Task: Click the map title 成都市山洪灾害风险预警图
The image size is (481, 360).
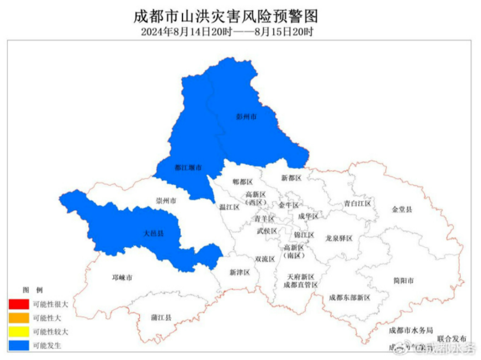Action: (226, 16)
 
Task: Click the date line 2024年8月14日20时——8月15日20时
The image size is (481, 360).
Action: (227, 32)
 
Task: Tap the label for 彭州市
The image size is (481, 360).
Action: (246, 117)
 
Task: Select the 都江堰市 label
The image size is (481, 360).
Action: (188, 168)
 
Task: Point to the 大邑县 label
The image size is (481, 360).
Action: (153, 233)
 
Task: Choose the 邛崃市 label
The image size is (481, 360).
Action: (122, 278)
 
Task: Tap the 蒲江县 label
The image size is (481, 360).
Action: (161, 318)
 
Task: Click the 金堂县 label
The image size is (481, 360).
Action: (402, 209)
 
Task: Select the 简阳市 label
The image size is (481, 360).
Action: (404, 281)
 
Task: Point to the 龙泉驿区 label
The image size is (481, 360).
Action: (339, 239)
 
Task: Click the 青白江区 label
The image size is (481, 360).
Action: (357, 203)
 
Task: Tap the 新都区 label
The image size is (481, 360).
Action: (291, 178)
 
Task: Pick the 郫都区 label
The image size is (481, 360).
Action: (243, 182)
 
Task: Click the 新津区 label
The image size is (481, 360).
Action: (240, 272)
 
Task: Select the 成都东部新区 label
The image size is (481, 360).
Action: (350, 297)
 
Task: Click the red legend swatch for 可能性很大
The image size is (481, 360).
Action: (18, 304)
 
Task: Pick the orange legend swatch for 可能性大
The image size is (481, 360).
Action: (18, 318)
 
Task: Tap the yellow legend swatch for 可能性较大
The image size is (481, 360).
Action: (18, 332)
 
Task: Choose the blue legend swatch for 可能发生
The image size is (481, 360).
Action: (18, 345)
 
